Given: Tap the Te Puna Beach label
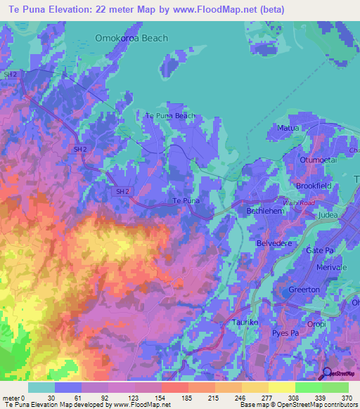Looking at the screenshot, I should point(169,115).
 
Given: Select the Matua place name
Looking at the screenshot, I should point(289,128).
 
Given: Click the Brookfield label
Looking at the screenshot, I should point(313,186).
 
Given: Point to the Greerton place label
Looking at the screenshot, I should point(304,290).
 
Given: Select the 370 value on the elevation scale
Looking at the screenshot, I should point(348,398).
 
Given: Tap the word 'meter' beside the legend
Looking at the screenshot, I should point(11,398).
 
